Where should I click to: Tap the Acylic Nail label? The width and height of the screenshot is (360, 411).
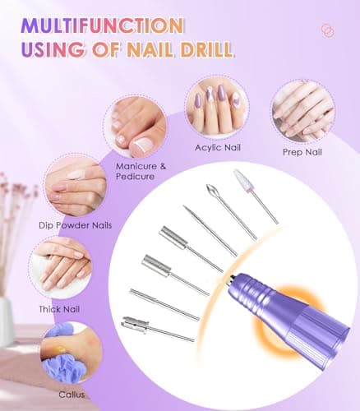coord(217,147)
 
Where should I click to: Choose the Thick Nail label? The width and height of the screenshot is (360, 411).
coord(61,309)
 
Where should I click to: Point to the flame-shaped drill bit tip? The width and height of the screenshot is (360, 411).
coord(215,196)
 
